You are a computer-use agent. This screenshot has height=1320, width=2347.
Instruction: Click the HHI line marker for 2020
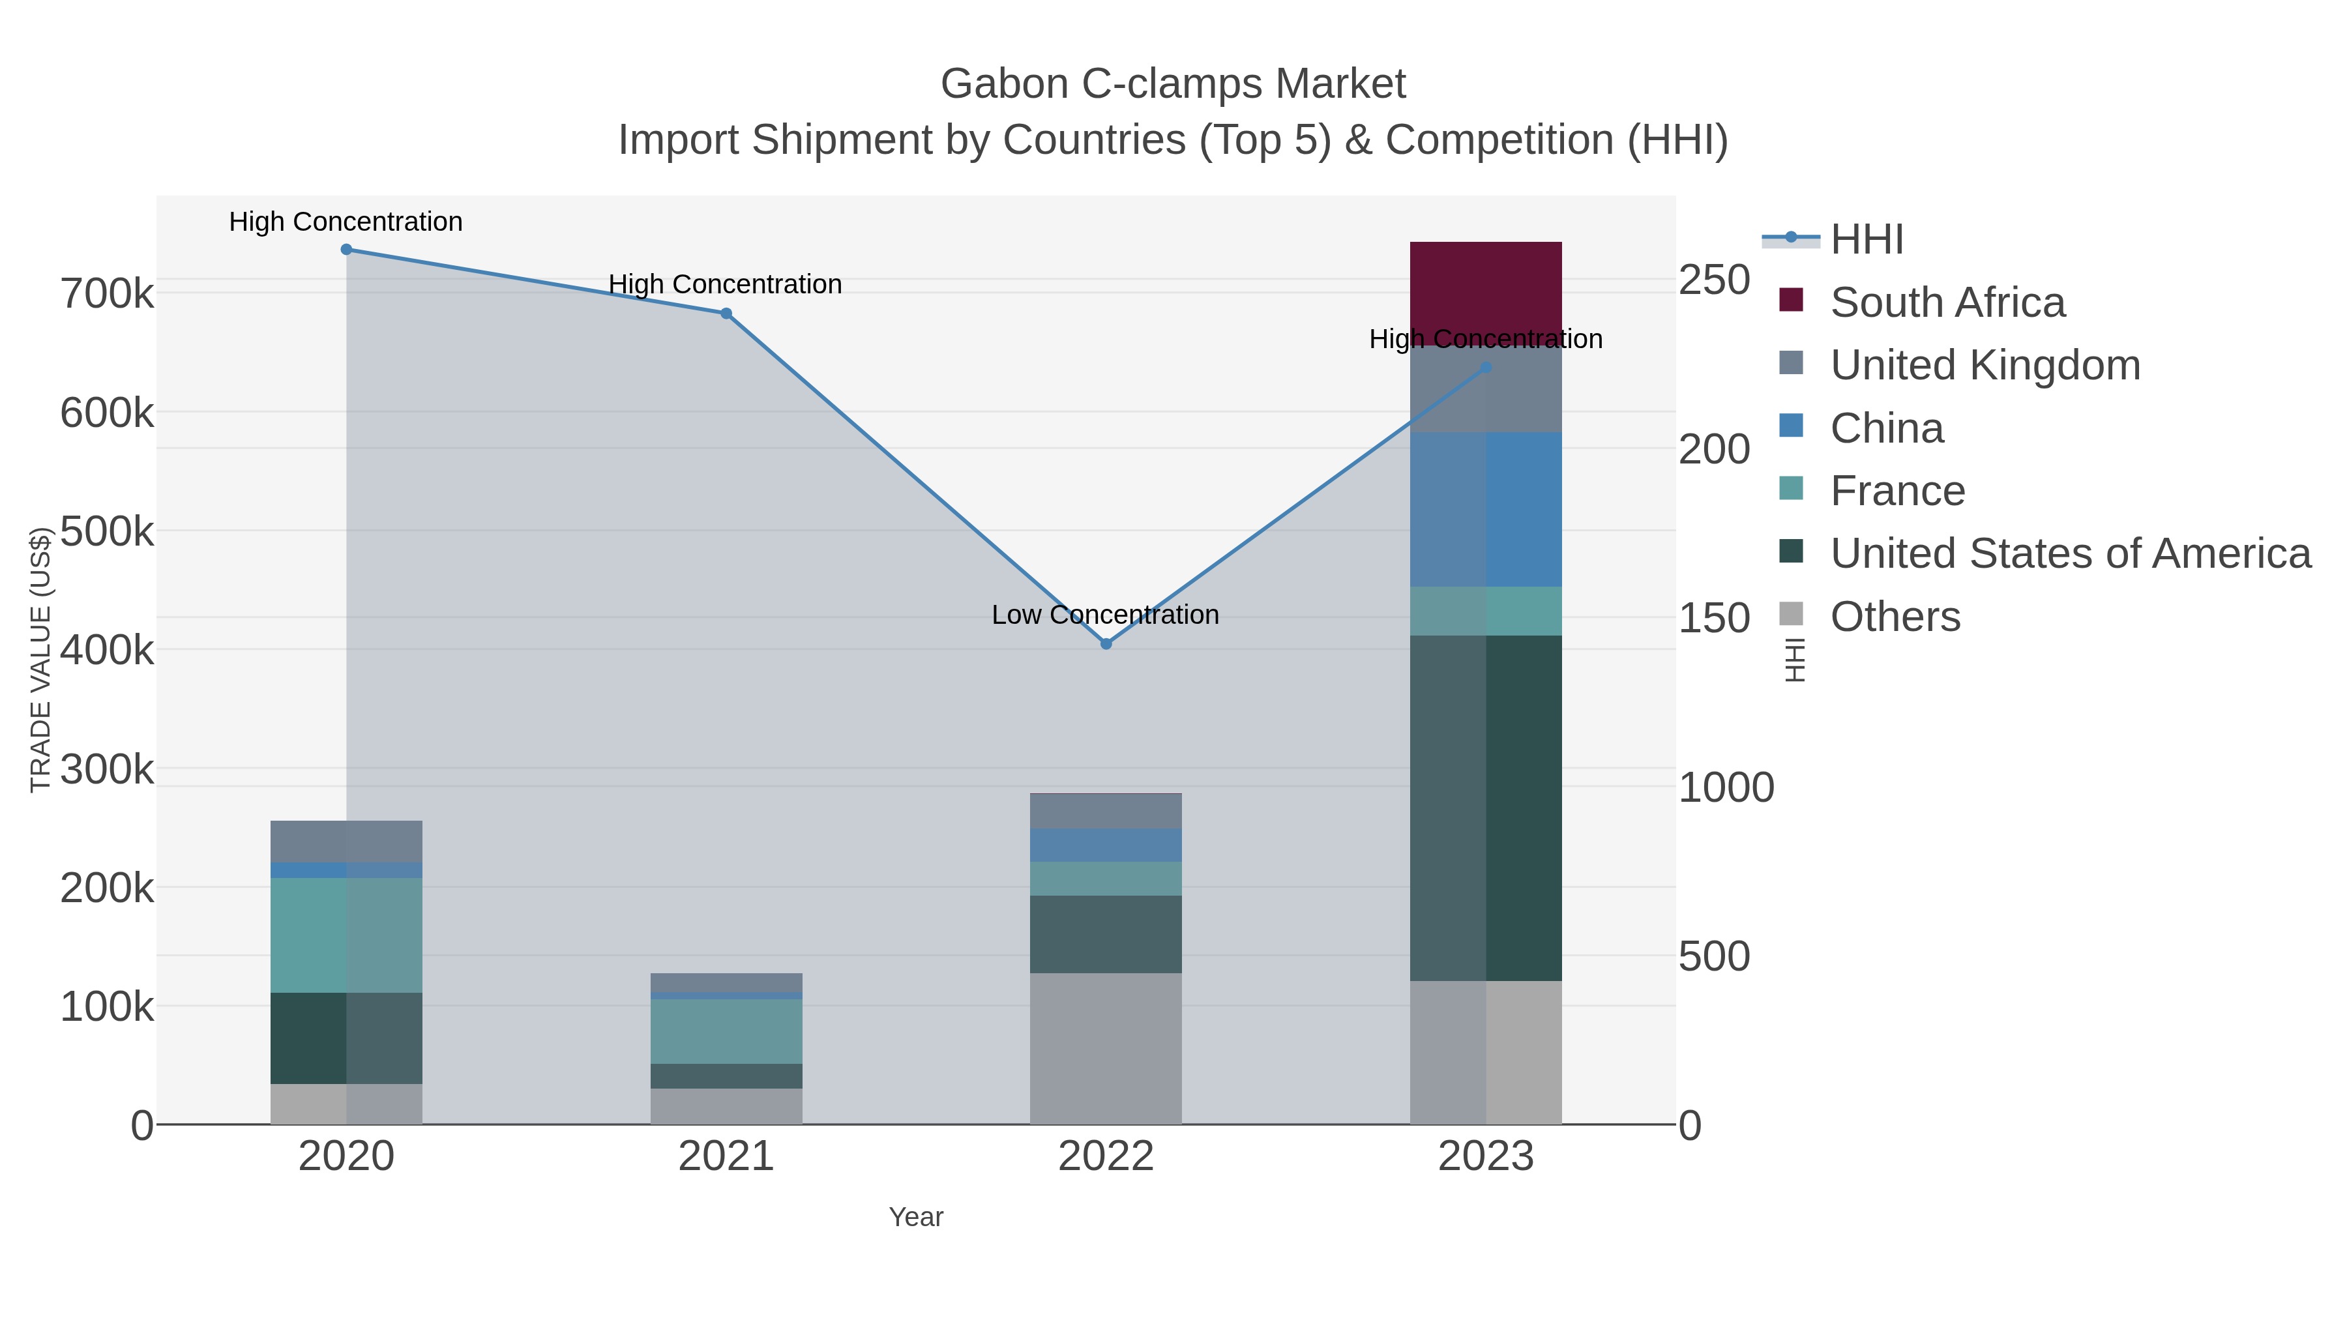[346, 250]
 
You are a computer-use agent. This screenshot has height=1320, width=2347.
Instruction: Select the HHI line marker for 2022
[1106, 644]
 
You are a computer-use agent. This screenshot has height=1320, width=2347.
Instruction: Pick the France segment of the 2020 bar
[346, 935]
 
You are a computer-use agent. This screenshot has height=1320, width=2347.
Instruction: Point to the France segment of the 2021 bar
[726, 1031]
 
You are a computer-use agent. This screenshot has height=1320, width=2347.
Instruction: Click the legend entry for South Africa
[1947, 302]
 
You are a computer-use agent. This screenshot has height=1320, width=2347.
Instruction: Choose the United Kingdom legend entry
[1985, 365]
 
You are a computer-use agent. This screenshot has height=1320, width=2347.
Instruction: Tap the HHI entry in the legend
[1866, 240]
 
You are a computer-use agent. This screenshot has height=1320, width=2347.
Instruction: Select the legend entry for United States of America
[2070, 554]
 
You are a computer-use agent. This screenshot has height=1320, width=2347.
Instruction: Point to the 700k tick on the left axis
[108, 294]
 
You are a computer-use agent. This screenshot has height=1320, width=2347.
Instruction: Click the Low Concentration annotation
[1105, 615]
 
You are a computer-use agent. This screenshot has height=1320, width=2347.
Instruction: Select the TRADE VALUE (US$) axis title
[40, 660]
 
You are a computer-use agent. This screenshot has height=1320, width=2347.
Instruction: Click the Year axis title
[916, 1217]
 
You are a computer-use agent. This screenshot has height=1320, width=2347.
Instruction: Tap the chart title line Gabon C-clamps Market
[1173, 84]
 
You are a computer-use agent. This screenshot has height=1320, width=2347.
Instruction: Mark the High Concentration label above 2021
[725, 284]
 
